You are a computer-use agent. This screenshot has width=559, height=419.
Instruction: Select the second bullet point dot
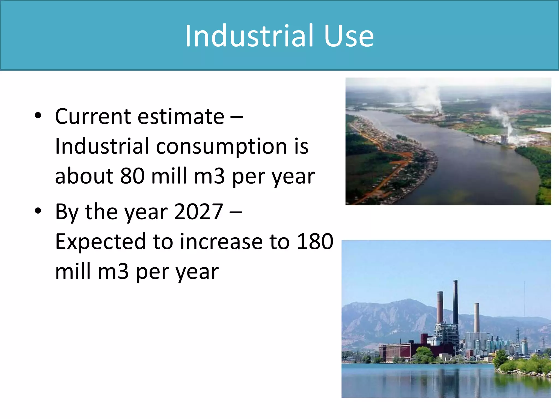(x=38, y=211)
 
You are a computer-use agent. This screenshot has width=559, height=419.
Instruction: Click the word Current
(x=93, y=116)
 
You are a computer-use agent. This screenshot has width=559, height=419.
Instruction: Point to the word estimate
(x=181, y=116)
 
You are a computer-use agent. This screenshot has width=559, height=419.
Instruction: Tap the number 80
(x=132, y=176)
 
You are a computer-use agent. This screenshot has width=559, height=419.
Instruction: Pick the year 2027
(x=198, y=212)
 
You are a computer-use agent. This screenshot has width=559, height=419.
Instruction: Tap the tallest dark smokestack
(x=456, y=303)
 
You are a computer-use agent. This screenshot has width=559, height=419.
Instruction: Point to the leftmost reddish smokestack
(x=440, y=308)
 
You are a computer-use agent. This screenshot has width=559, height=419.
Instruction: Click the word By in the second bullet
(x=66, y=212)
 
